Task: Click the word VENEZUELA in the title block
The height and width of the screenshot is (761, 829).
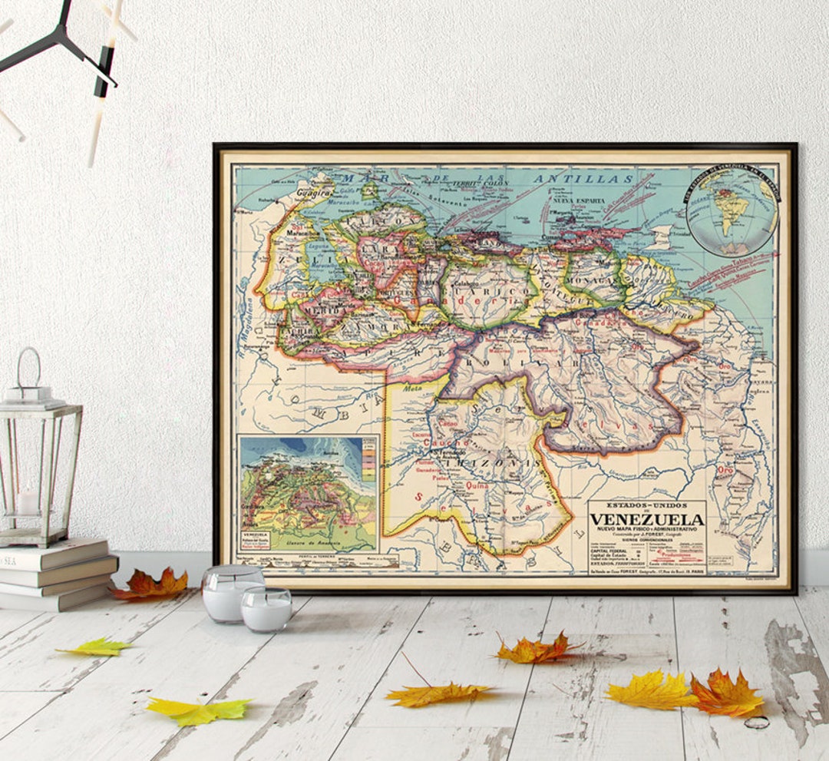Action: (x=646, y=519)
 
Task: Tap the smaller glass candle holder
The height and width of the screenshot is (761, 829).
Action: (x=266, y=609)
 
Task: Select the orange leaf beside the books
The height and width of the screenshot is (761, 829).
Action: (x=150, y=585)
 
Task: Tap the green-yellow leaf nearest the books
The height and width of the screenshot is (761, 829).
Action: (x=95, y=648)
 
